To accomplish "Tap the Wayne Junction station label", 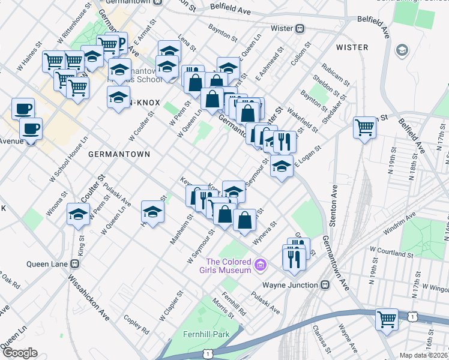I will (x=289, y=285).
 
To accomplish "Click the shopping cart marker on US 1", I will (x=387, y=318).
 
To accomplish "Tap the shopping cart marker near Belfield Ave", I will (x=364, y=127).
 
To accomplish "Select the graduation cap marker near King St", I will (x=78, y=214).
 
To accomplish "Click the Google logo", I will (x=20, y=353).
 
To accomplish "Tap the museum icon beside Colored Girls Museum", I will (x=260, y=264).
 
